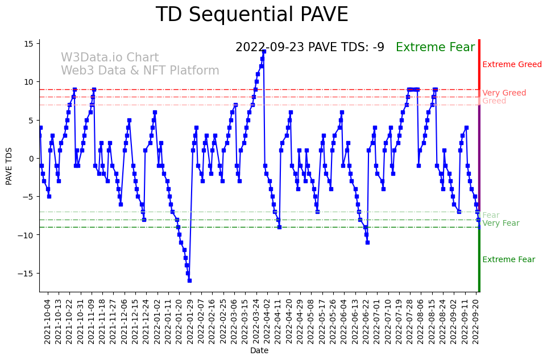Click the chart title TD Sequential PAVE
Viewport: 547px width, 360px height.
click(252, 15)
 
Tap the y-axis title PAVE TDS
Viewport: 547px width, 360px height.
click(9, 165)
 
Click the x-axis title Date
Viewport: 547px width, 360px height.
click(259, 351)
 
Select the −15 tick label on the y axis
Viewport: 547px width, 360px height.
click(26, 274)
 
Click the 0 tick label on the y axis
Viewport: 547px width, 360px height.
click(32, 159)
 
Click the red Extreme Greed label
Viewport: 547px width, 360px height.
click(512, 65)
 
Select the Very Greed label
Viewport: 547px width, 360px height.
click(504, 93)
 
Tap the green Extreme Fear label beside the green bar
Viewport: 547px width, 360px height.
click(508, 260)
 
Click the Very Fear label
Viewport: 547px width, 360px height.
click(500, 224)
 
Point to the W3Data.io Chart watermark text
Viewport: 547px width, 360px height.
click(110, 58)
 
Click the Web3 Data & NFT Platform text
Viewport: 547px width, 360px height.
click(140, 71)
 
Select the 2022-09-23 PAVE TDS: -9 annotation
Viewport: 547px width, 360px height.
click(310, 48)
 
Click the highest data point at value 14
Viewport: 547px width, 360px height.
click(264, 51)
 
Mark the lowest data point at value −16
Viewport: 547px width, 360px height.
click(189, 280)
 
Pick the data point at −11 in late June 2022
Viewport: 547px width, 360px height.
click(367, 242)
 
